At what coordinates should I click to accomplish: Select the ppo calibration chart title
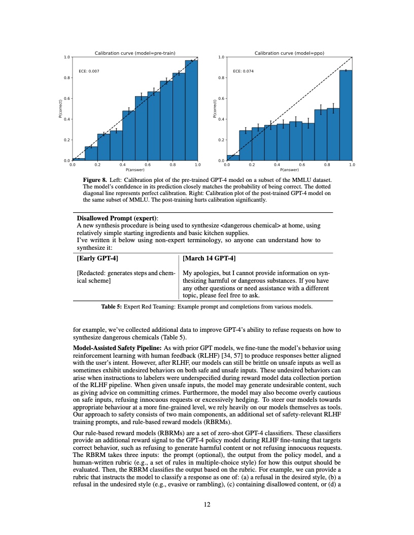289,53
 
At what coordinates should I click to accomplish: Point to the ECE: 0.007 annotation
89,71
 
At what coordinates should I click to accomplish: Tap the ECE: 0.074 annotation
244,71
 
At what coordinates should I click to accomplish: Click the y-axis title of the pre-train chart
60,109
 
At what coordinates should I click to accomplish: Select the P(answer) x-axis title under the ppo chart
289,169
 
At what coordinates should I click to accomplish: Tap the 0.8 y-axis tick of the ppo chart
221,78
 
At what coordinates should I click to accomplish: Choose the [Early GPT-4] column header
97,258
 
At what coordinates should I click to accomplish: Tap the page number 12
207,504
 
